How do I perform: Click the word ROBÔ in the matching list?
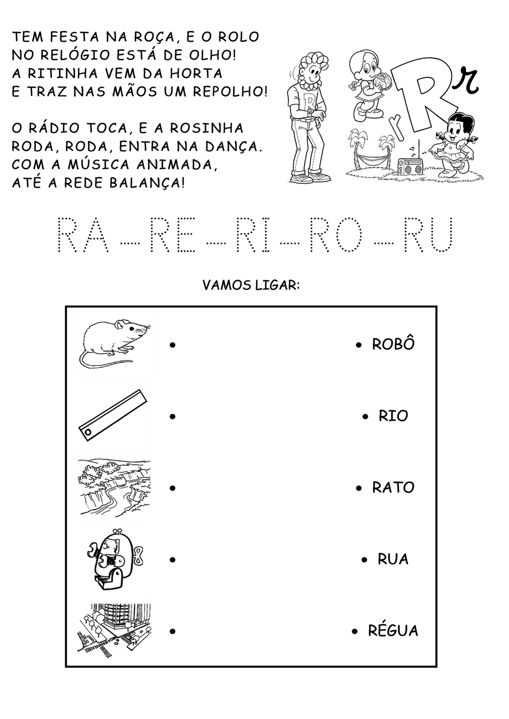(x=393, y=344)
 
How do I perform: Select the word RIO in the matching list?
(x=393, y=416)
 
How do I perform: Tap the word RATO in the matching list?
(x=393, y=488)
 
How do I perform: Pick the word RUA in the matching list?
(x=393, y=559)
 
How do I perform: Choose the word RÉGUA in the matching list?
(x=393, y=630)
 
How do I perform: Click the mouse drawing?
(x=114, y=343)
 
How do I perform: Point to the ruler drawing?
(x=113, y=415)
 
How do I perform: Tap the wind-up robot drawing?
(x=115, y=559)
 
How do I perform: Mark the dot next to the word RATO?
(x=359, y=488)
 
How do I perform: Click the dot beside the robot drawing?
(x=173, y=560)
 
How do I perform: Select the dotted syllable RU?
(x=429, y=235)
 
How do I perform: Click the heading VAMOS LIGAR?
(x=251, y=285)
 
